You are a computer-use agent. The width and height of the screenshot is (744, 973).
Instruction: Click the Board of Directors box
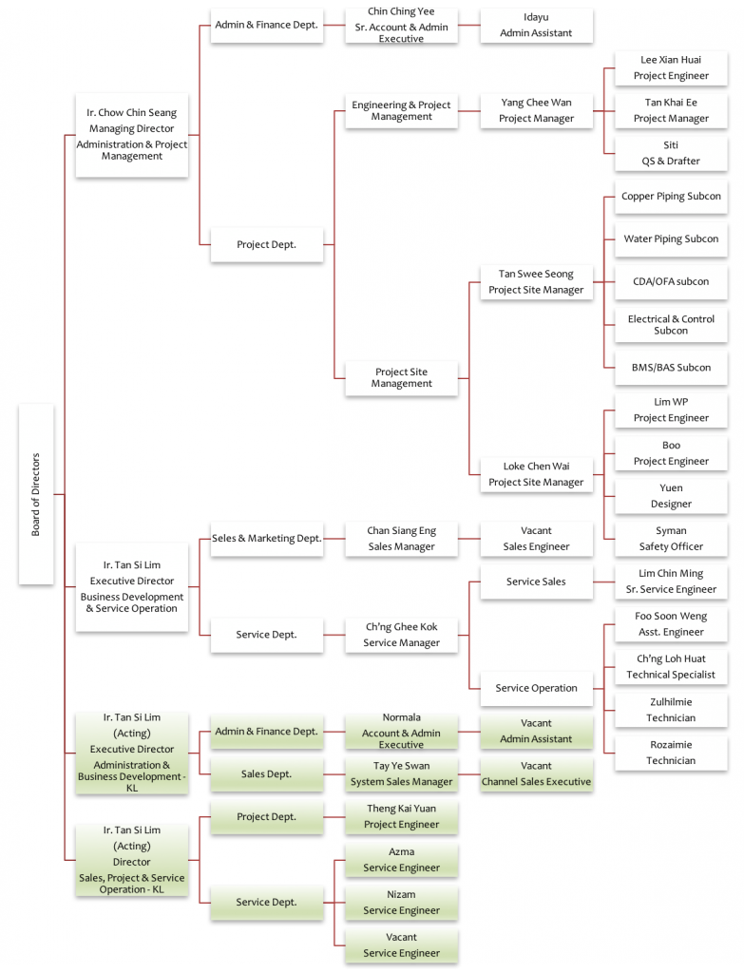point(36,494)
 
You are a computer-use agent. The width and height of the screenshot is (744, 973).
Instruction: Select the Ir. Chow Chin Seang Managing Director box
point(131,135)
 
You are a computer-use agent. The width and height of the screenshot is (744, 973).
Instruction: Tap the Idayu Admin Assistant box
point(536,26)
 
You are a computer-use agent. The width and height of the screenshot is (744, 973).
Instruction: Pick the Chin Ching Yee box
point(402,26)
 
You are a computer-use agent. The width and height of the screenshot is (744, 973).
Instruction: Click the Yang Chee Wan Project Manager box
point(536,111)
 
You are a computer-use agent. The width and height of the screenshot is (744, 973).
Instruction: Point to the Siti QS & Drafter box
point(671,153)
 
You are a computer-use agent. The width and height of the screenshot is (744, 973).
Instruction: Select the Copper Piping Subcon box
point(671,197)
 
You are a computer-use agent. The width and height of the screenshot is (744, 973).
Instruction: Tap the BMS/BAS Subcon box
point(671,368)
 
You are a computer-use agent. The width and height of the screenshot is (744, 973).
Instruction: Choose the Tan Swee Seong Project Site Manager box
point(536,282)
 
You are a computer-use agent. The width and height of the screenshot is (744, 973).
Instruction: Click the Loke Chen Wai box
point(536,475)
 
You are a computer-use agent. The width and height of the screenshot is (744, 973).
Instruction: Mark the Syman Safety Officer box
point(671,539)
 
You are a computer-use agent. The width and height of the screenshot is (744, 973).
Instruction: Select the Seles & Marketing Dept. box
point(267,539)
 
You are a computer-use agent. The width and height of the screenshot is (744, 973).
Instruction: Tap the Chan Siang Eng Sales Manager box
point(402,539)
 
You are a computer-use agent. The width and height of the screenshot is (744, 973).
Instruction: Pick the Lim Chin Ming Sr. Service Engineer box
point(671,582)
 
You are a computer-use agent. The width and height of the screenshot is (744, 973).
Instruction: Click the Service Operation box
point(536,688)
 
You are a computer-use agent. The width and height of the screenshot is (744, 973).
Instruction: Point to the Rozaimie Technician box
point(671,753)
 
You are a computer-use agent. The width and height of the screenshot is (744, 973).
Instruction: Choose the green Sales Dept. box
point(267,773)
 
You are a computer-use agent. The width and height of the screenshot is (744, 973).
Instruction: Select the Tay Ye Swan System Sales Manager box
point(402,773)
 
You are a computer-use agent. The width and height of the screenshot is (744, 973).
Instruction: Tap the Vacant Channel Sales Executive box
point(536,773)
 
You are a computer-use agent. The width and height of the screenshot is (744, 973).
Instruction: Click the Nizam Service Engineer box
point(402,903)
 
